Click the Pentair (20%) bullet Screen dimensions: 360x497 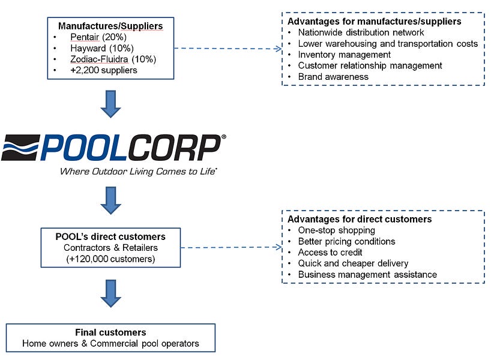pos(101,37)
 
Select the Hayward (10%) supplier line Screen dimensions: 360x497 pos(101,48)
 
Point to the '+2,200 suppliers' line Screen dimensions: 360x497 pos(103,70)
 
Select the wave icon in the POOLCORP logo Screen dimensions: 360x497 pos(22,147)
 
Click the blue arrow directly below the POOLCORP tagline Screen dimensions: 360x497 pos(110,200)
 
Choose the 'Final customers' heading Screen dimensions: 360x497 pos(110,332)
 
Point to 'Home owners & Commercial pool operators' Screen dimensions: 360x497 pos(110,344)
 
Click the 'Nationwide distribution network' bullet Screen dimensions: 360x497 pos(361,32)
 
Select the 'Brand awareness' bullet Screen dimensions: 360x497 pos(333,77)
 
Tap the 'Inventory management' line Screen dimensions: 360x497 pos(345,55)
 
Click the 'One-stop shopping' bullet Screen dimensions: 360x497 pos(336,230)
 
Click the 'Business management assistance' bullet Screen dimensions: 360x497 pos(367,275)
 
